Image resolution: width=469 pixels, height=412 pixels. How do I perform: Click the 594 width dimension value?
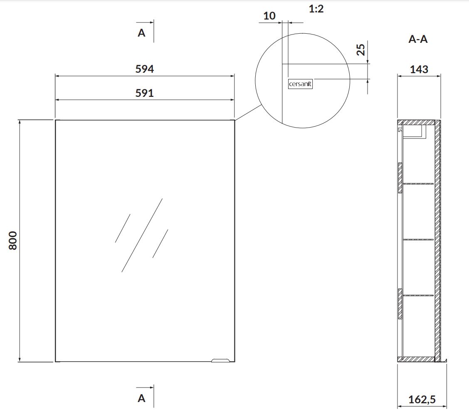pos(144,69)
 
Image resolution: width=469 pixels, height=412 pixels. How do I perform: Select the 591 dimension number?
pos(144,93)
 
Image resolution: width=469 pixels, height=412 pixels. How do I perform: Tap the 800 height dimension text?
pos(13,240)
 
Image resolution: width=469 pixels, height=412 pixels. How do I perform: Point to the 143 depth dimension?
pos(419,69)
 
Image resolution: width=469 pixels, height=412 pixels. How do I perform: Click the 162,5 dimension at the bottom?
pos(422,400)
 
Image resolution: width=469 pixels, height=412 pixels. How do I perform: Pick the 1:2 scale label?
pos(316,9)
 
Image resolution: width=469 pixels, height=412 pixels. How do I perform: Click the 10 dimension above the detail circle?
pos(269,16)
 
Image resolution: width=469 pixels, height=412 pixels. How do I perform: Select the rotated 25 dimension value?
pos(361,49)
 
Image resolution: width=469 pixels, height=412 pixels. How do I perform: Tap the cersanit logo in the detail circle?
pos(300,84)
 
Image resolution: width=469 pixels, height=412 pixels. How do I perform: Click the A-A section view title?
pos(418,39)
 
